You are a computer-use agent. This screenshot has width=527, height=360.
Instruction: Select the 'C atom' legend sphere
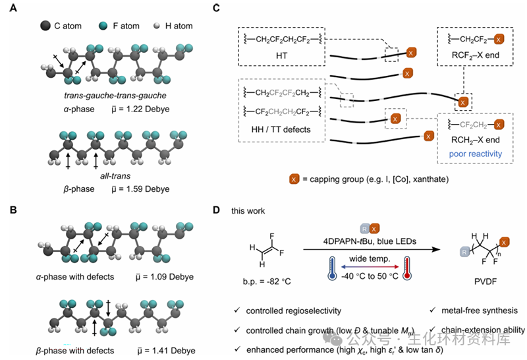pyautogui.click(x=45, y=26)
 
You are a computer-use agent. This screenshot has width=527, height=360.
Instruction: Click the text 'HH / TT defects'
pyautogui.click(x=277, y=129)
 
